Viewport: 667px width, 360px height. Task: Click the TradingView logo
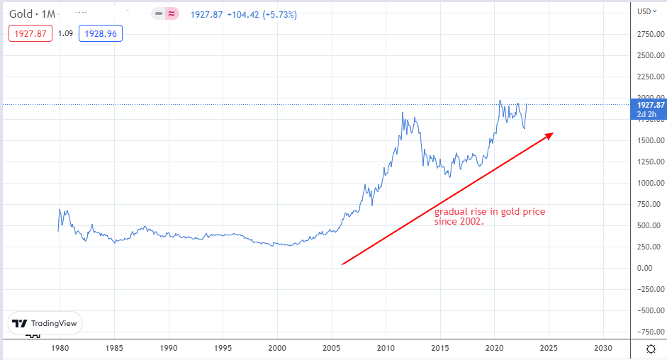45,322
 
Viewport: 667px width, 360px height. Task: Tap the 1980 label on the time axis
60,349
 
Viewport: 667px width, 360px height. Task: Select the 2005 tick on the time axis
330,349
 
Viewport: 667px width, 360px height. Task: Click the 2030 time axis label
602,349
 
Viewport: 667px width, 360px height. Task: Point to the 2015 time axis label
439,349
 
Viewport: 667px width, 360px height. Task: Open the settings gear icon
650,349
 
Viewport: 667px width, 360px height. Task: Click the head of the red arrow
549,135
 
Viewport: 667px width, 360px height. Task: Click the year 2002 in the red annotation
468,221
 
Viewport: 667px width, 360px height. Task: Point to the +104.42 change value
248,14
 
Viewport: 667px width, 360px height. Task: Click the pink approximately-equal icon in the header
172,14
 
